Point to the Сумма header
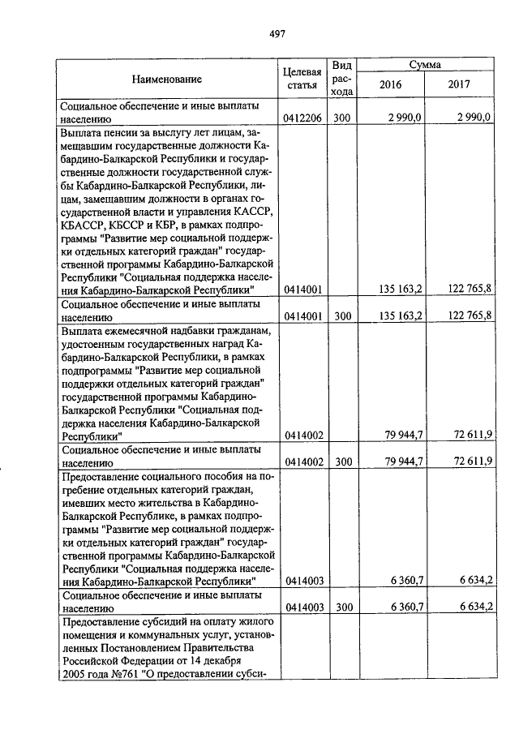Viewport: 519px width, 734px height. pos(425,64)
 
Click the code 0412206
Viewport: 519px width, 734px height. pos(303,118)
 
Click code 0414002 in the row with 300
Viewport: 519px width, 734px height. pos(303,461)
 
